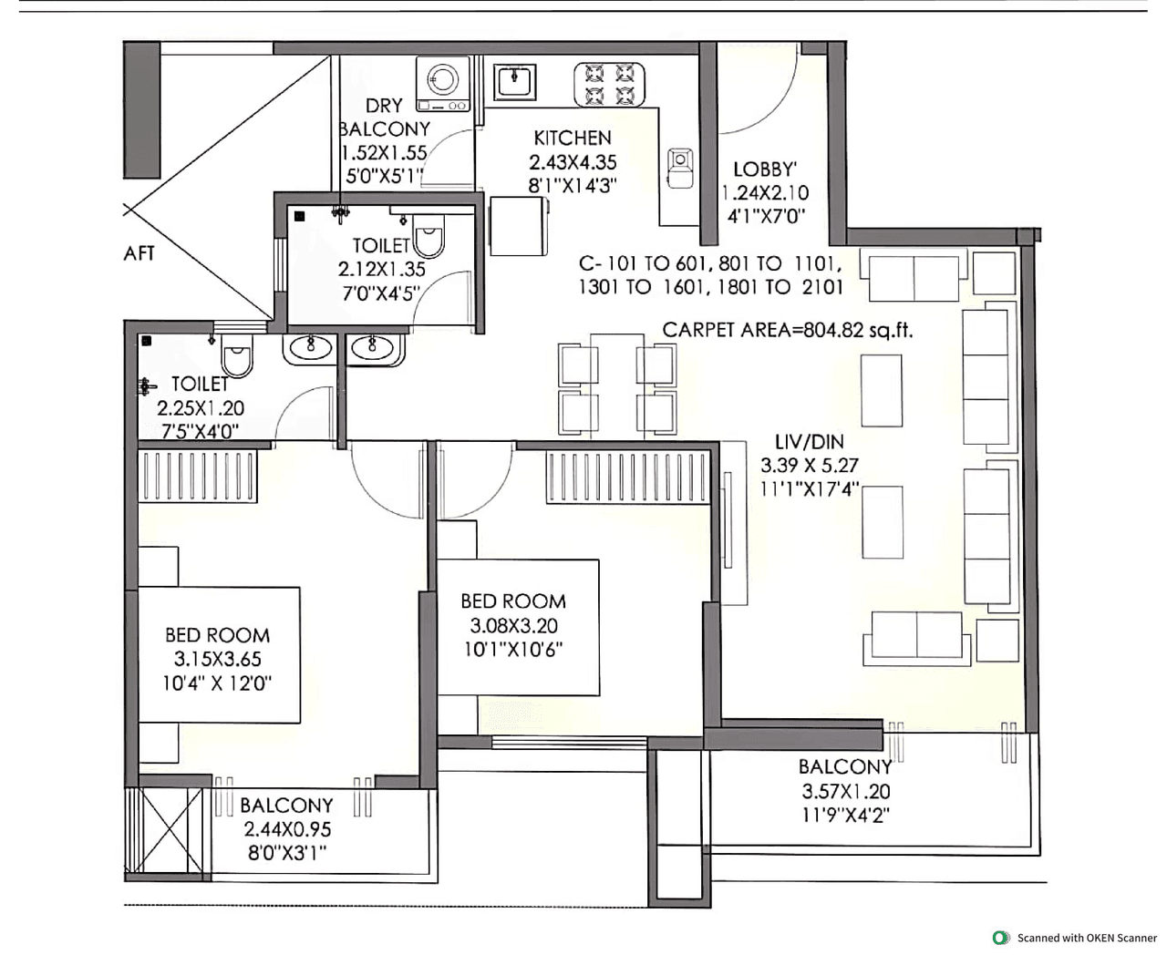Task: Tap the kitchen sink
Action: (x=515, y=81)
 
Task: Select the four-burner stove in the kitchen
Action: (x=609, y=84)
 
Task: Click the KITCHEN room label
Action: (x=573, y=138)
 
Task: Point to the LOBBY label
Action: (x=765, y=169)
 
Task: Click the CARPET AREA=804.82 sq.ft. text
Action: (x=787, y=330)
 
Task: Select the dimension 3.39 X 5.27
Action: (x=810, y=466)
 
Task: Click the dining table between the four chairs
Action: (x=617, y=387)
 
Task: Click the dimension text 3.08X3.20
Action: (x=513, y=626)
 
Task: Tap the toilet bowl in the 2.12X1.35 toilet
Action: (x=429, y=238)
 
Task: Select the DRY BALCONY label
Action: (x=384, y=118)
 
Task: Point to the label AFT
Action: (x=139, y=253)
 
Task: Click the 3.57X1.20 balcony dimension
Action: (x=845, y=792)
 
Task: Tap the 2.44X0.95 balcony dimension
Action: (x=287, y=830)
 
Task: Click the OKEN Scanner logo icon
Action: (x=1001, y=938)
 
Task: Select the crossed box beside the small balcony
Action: (x=170, y=830)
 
